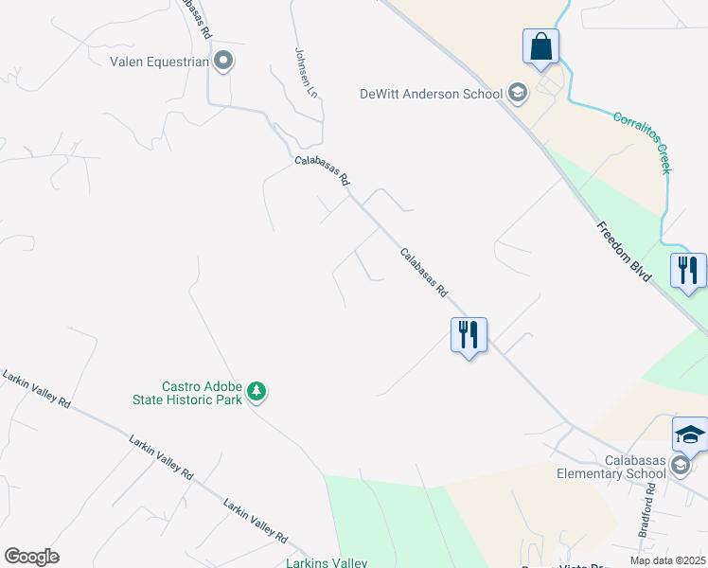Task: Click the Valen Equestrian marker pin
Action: coord(223,62)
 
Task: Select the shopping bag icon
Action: coord(540,47)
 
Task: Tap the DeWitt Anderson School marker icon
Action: coord(517,93)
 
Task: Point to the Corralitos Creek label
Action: coord(642,142)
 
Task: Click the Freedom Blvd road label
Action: coord(624,251)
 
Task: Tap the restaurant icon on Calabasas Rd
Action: coord(469,335)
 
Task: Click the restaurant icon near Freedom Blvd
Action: coord(688,271)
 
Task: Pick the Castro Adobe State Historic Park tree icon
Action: coord(256,391)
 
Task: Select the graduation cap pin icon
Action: coord(690,435)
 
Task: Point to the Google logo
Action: coord(31,557)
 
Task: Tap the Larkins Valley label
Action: coord(326,563)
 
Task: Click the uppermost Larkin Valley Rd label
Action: coord(37,389)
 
